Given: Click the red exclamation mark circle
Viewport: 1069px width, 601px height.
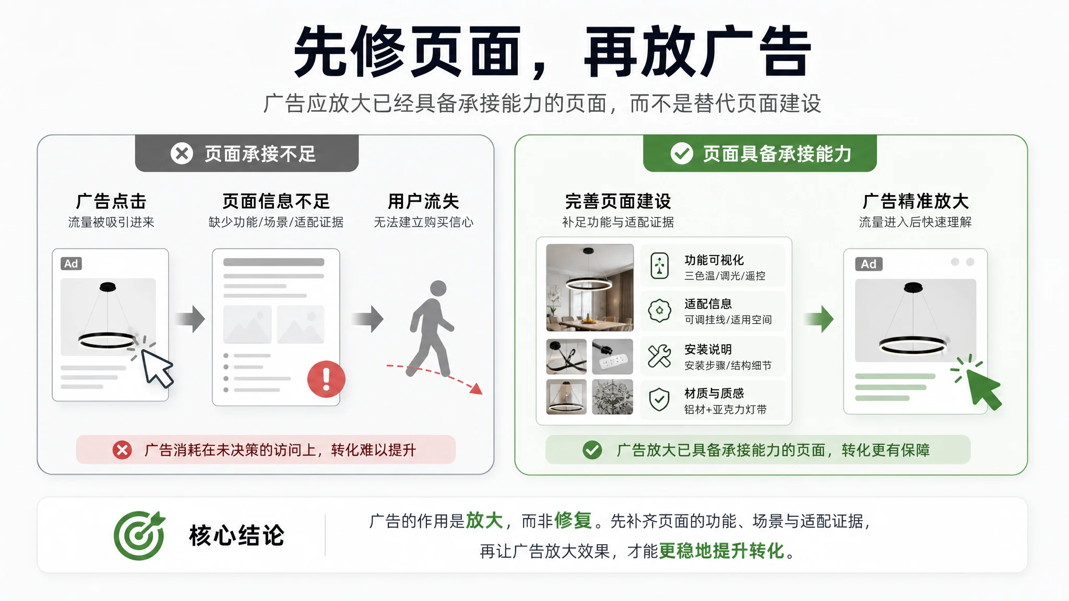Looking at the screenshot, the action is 326,379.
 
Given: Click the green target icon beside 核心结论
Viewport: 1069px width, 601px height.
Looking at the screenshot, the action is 139,535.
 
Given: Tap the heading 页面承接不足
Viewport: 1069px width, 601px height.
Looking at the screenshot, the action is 260,154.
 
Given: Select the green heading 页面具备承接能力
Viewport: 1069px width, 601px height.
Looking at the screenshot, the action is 777,154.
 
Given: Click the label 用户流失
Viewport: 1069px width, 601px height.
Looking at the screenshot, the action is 423,201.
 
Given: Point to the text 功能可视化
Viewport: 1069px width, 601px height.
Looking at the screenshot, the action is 714,260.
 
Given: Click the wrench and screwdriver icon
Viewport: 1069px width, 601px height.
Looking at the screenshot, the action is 659,356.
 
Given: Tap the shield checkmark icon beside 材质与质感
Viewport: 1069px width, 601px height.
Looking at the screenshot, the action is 659,400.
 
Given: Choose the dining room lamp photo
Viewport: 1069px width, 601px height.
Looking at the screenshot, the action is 590,287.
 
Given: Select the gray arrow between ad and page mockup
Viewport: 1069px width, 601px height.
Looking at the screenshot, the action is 190,319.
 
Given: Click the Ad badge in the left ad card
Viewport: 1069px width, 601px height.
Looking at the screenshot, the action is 72,263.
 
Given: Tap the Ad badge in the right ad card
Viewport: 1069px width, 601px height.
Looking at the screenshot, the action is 869,264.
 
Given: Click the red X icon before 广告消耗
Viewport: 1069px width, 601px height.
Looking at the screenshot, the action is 122,450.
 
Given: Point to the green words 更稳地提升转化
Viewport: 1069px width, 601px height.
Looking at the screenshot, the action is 722,551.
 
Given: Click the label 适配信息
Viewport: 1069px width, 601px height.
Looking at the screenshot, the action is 708,304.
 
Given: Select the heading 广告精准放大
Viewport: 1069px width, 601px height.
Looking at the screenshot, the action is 916,201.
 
